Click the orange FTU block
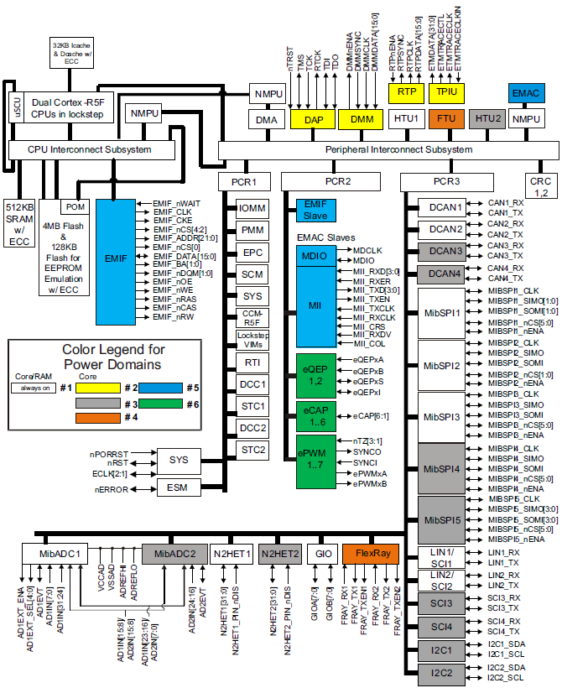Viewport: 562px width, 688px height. click(445, 120)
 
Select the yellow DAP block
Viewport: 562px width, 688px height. click(313, 120)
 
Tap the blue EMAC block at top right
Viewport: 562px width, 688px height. click(526, 92)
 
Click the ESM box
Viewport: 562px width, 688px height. click(178, 487)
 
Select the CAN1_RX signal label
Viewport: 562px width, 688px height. click(506, 203)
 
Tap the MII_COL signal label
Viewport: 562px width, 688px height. click(370, 343)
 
